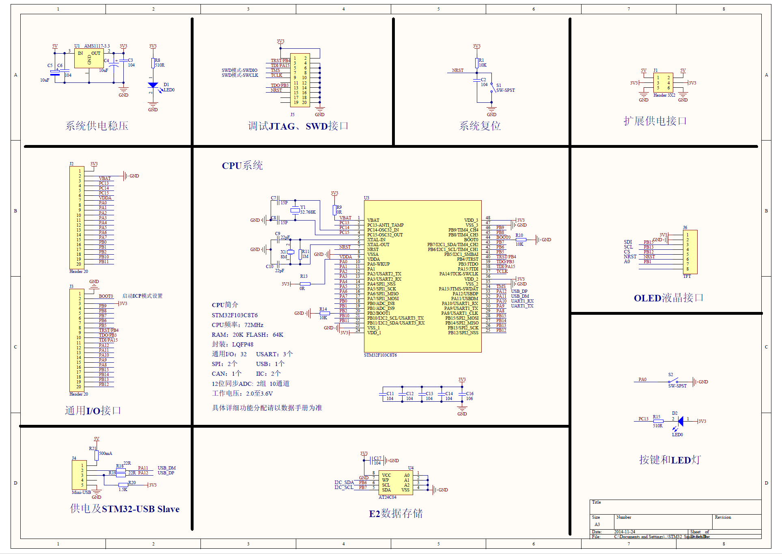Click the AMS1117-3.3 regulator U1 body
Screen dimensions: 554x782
pos(88,59)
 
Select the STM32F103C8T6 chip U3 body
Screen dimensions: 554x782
pos(422,276)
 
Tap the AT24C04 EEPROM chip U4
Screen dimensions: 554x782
pos(396,483)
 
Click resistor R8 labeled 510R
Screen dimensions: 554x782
pos(153,63)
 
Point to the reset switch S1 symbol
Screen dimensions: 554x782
pos(493,87)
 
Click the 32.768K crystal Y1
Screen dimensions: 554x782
pos(295,210)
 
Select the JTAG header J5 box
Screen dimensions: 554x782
pos(300,80)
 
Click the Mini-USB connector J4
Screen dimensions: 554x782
pos(79,475)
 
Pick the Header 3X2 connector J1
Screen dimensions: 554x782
pos(663,83)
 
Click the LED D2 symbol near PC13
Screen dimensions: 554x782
pos(680,421)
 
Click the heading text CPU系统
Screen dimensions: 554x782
pos(242,166)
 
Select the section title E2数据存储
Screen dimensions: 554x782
pos(396,514)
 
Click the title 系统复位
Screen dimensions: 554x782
pos(480,126)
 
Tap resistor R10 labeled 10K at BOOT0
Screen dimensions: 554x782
pos(520,240)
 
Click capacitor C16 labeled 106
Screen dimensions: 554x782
pos(462,394)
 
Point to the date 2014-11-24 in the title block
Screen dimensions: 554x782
pos(625,532)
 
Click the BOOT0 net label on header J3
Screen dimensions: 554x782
pos(106,296)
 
